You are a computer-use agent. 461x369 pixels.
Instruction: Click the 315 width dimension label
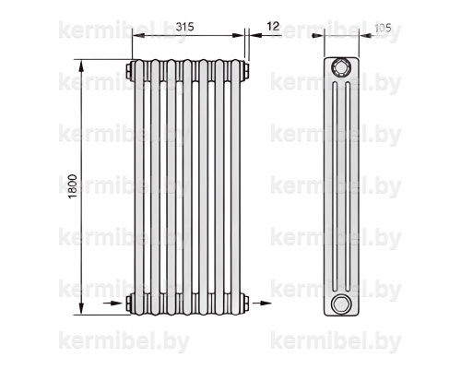pos(184,27)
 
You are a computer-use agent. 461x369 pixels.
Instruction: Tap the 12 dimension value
pos(273,27)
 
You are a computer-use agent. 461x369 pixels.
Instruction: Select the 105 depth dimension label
pos(383,29)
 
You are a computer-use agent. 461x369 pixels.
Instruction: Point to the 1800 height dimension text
pos(72,186)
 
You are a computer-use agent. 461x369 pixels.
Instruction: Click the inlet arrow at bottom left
pos(112,304)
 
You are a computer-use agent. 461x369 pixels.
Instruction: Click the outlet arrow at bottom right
pos(262,304)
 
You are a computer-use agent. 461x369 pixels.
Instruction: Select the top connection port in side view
pos(341,67)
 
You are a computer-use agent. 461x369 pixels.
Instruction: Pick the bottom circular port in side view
pos(341,304)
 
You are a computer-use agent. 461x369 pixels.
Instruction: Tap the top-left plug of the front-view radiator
pos(129,71)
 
